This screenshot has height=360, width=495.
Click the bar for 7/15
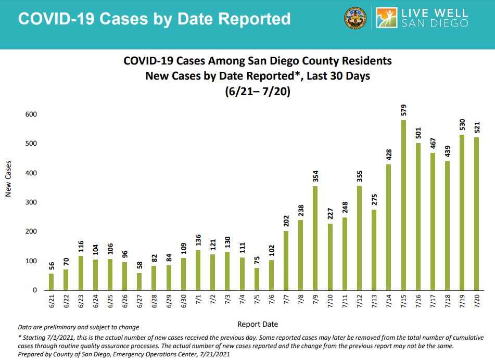[x=403, y=205]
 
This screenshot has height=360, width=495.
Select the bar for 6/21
[x=51, y=281]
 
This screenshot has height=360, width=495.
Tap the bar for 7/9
[x=315, y=238]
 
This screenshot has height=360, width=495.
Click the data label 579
[x=403, y=110]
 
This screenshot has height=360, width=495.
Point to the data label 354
[x=315, y=176]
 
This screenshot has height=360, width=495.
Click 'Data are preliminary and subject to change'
[x=79, y=327]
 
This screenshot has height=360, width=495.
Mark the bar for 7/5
[x=257, y=279]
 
